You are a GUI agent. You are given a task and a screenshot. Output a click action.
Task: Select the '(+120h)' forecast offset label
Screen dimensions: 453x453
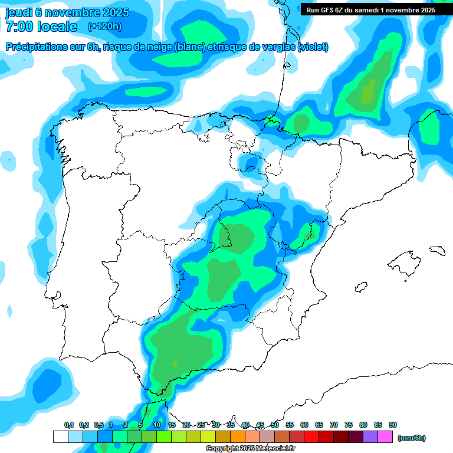coord(104,27)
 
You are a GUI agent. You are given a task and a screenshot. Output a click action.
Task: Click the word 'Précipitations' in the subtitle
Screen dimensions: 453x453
coord(37,47)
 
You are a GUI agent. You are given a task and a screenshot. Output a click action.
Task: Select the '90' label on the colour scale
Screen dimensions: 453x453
coord(393,425)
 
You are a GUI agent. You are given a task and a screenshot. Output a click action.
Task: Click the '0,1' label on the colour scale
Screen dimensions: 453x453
coord(68,425)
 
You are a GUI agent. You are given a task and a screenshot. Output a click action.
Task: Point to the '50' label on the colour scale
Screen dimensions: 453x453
coord(275,425)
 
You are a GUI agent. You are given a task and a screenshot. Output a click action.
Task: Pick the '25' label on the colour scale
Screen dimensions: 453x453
coord(201,425)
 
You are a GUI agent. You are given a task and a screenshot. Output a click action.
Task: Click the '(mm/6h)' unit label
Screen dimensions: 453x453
coord(412,438)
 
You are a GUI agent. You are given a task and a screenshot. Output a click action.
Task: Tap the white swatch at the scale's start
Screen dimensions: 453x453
coord(60,437)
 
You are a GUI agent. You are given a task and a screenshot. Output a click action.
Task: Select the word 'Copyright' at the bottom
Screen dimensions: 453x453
coord(222,449)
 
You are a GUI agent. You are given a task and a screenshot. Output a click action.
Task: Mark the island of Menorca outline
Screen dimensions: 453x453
coord(437,250)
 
